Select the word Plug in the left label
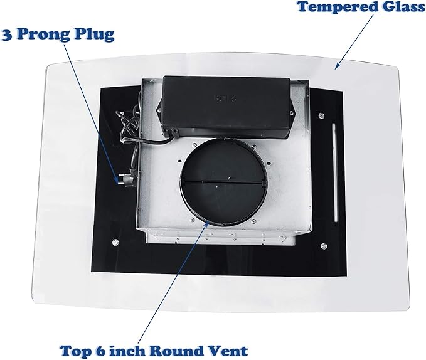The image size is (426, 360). click(x=95, y=35)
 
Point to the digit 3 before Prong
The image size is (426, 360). click(x=7, y=35)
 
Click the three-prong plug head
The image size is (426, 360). click(x=126, y=180)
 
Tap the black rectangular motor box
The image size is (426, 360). click(x=225, y=106)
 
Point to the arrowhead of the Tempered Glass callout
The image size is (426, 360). click(x=337, y=66)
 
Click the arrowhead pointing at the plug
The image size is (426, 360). click(x=117, y=180)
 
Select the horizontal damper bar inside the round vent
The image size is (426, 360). click(x=223, y=181)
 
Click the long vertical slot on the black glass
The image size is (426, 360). click(x=334, y=172)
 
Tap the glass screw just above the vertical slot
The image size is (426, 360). click(x=322, y=115)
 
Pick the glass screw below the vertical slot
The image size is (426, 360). click(x=324, y=246)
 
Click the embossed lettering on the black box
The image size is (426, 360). click(x=225, y=98)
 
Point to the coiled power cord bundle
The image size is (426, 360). click(x=128, y=127)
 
